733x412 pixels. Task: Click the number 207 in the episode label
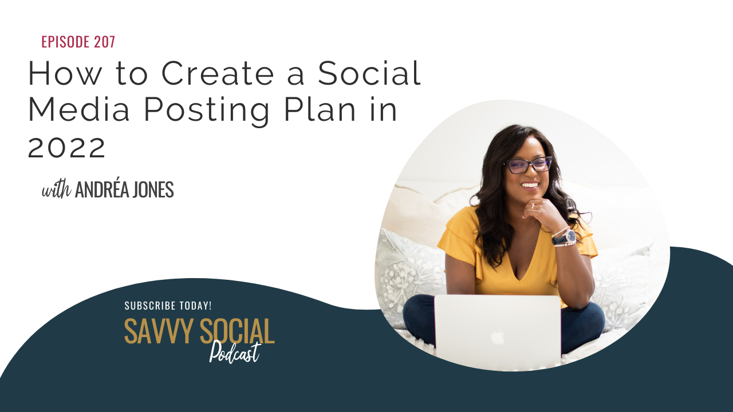(x=104, y=42)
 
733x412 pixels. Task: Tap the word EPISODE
(x=65, y=42)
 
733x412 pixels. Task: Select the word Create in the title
(x=218, y=73)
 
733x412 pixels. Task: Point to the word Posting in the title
(x=207, y=112)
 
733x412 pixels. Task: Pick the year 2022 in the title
(x=66, y=147)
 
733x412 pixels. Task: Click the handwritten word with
(x=56, y=190)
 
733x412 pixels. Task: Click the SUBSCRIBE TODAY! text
(x=168, y=306)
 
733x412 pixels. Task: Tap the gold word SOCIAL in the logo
(x=237, y=331)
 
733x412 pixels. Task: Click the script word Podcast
(x=235, y=352)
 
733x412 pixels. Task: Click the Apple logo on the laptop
(x=498, y=337)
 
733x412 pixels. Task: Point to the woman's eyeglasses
(x=529, y=165)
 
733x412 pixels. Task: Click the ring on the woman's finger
(x=533, y=206)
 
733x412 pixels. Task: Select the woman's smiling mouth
(x=530, y=185)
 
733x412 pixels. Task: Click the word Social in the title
(x=369, y=73)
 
